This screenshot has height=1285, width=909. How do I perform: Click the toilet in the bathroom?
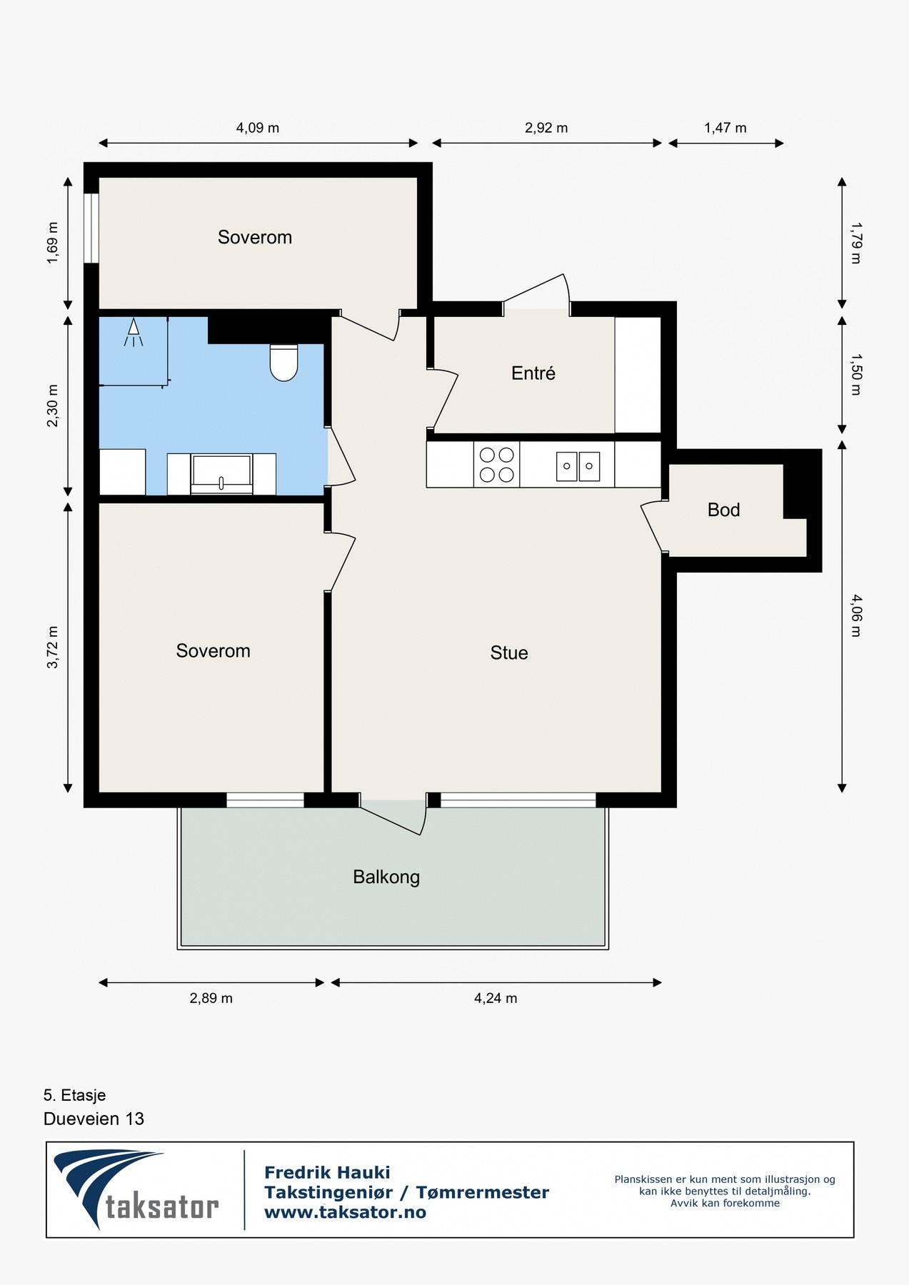point(283,362)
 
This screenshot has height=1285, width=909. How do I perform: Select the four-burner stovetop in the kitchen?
point(496,465)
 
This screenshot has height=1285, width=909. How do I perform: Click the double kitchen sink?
point(578,466)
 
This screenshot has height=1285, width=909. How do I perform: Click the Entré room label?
point(533,373)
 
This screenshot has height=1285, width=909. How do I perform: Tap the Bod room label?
point(723,510)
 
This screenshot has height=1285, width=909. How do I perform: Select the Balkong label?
point(386,877)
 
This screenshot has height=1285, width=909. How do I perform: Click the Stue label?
point(509,652)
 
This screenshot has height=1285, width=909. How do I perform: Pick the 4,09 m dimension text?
point(258,128)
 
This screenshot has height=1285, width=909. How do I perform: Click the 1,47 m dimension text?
point(725,128)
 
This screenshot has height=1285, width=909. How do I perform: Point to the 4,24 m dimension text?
point(496,998)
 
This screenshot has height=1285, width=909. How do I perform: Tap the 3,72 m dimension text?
point(53,647)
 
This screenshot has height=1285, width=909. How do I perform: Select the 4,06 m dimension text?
point(856,615)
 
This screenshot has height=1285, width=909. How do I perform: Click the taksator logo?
point(136,1189)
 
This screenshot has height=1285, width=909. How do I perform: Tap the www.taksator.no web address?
point(345,1212)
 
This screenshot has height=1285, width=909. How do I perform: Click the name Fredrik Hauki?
point(327,1172)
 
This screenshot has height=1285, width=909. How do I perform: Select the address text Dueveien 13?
point(94,1119)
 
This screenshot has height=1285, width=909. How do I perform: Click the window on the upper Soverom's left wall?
point(91,228)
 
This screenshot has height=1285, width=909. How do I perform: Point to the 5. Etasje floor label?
point(74,1095)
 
